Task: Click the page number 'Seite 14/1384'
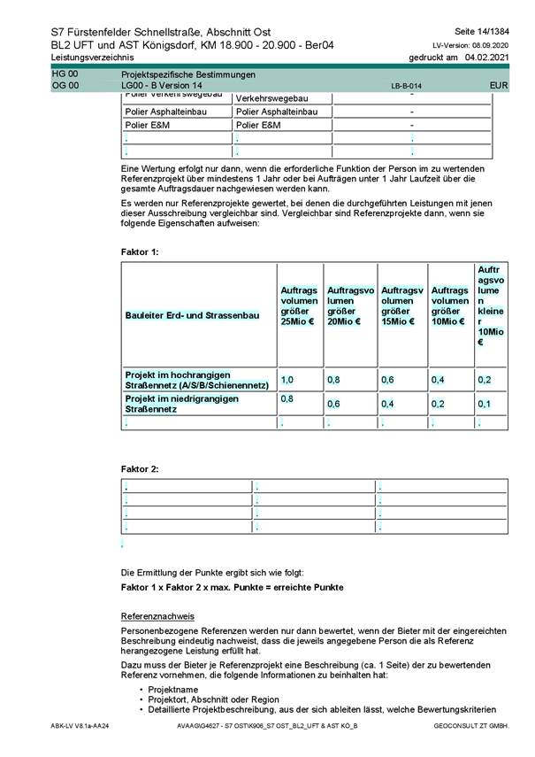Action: tap(482, 31)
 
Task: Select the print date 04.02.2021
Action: tap(486, 57)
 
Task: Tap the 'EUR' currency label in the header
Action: tap(499, 85)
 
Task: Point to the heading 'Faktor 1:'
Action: tap(140, 252)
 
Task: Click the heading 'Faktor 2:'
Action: tap(140, 467)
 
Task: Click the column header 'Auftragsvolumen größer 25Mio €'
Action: tap(299, 305)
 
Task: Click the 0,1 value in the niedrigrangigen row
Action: tap(484, 404)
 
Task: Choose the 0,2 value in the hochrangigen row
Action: tap(484, 379)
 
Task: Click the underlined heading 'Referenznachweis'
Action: tap(157, 615)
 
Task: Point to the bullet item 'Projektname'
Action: tap(173, 690)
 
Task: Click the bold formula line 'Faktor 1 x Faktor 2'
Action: tap(232, 588)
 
